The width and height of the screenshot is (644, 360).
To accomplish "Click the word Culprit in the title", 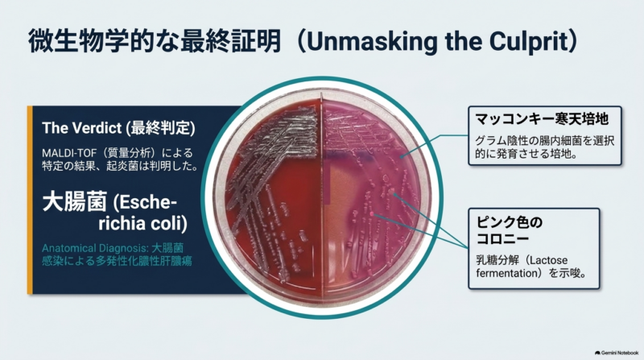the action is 527,42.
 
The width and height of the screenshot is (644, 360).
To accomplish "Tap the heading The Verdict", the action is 82,128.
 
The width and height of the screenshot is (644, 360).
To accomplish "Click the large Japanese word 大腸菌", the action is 75,201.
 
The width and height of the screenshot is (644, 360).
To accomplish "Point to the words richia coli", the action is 142,223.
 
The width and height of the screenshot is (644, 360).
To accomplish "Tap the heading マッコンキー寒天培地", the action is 542,119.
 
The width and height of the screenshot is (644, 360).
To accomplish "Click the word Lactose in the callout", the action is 548,260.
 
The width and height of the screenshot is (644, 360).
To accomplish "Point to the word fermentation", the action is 507,273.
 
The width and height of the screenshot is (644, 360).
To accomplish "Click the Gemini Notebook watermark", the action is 617,353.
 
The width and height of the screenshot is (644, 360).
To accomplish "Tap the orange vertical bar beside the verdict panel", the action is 30,200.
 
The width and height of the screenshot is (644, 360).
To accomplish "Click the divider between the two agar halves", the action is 322,197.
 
